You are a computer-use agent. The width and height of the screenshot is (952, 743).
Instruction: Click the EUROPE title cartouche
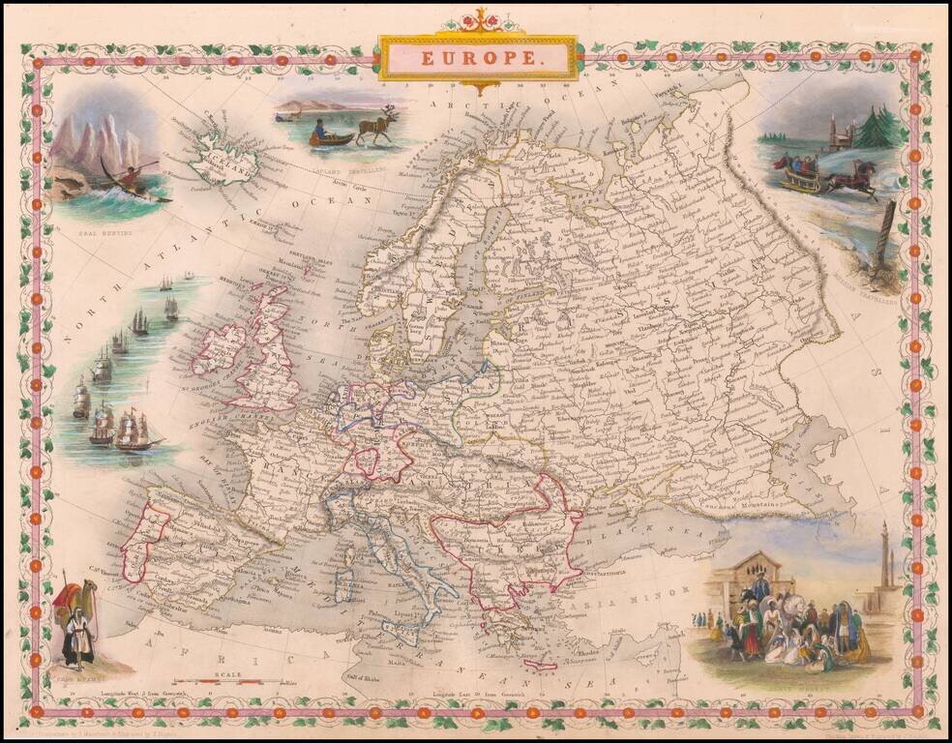tap(479, 58)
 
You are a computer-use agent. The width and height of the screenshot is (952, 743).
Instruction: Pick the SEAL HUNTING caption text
tap(80, 233)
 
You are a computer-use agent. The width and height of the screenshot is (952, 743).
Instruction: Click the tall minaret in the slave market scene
tap(884, 561)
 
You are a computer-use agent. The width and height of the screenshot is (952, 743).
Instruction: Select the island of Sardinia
tap(343, 584)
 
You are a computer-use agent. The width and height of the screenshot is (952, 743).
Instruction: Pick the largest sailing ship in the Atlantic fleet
tap(135, 431)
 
